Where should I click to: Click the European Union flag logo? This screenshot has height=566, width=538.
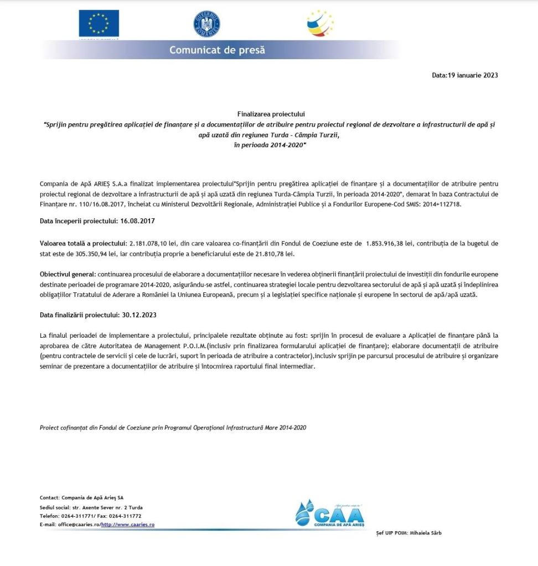pyautogui.click(x=99, y=24)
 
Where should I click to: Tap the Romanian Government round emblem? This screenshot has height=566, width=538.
pyautogui.click(x=207, y=24)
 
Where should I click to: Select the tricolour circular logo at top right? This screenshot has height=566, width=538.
pyautogui.click(x=320, y=23)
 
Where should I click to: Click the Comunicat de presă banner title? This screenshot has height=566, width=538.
pyautogui.click(x=217, y=50)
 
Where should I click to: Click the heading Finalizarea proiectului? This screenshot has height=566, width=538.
pyautogui.click(x=268, y=114)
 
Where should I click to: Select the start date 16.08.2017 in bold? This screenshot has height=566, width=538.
pyautogui.click(x=137, y=221)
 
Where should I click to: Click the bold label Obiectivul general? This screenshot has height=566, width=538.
pyautogui.click(x=68, y=275)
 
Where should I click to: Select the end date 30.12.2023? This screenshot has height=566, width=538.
pyautogui.click(x=138, y=314)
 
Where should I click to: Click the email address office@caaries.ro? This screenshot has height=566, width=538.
pyautogui.click(x=80, y=524)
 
